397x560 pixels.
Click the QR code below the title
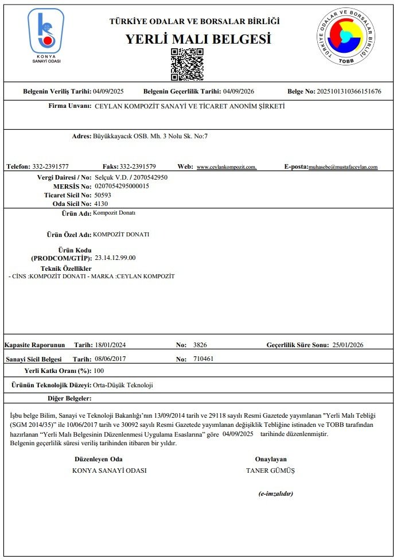[187, 64]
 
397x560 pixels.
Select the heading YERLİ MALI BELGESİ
[198, 40]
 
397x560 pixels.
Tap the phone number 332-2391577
[50, 166]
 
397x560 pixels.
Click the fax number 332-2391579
[138, 166]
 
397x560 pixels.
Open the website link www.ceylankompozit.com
[227, 167]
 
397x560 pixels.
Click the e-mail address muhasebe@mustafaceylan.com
[343, 167]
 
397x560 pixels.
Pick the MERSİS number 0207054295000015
[122, 186]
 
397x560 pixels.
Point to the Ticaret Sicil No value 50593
[103, 195]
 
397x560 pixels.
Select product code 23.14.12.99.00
[115, 258]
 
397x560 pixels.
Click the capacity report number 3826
[200, 345]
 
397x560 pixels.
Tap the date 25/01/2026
[348, 345]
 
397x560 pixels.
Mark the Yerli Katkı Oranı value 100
[99, 371]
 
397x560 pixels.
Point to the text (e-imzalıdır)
[276, 493]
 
